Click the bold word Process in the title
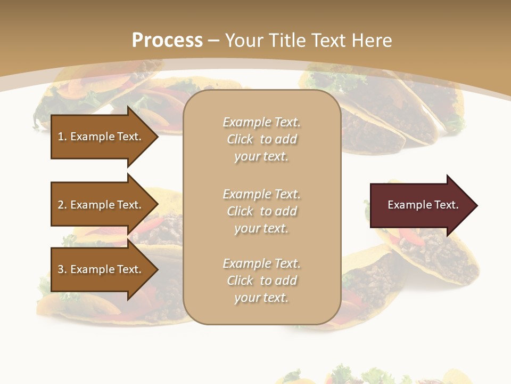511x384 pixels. (x=167, y=41)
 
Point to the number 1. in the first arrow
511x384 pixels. (x=62, y=137)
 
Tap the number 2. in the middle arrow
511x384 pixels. (x=62, y=205)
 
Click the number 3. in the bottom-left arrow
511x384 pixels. (x=62, y=269)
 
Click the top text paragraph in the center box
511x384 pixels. (x=261, y=139)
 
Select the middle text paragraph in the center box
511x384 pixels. (x=261, y=211)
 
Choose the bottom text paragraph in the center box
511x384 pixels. (x=261, y=281)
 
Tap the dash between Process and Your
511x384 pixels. (x=213, y=41)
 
